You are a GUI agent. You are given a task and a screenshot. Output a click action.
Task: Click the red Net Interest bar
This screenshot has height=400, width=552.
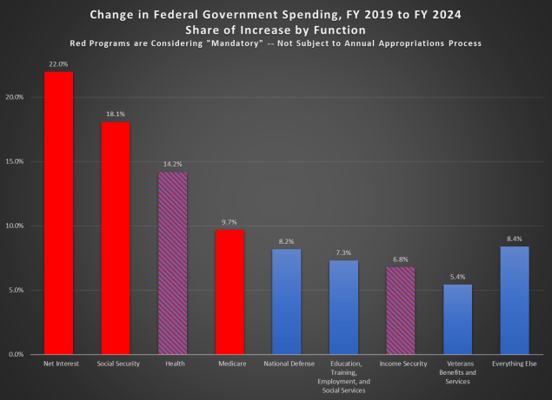click(x=58, y=213)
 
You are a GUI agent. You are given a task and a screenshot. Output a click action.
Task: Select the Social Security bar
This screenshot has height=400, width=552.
click(x=116, y=238)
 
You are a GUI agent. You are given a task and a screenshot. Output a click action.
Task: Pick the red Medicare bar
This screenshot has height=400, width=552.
click(x=229, y=292)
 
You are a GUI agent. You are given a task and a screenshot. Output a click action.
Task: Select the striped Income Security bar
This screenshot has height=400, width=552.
click(x=401, y=310)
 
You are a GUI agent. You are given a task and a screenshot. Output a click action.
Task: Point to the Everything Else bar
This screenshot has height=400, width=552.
click(x=515, y=300)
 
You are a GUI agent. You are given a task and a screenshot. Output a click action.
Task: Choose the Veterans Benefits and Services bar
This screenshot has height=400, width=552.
click(x=457, y=319)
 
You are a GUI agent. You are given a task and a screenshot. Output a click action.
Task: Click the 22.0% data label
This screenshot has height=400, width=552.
click(x=58, y=63)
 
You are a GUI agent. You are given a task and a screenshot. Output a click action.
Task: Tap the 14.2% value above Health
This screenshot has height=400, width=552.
click(x=172, y=164)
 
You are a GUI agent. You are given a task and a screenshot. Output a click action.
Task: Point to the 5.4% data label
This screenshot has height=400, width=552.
click(x=457, y=277)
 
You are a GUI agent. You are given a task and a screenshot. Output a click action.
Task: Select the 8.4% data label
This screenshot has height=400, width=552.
click(x=515, y=239)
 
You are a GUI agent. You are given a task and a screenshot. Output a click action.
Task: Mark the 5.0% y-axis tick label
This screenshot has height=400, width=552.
click(x=14, y=290)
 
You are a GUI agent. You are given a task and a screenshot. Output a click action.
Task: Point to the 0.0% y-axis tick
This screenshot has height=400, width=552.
click(x=14, y=354)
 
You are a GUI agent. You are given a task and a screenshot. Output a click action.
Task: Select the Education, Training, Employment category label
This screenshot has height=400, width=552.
click(x=343, y=374)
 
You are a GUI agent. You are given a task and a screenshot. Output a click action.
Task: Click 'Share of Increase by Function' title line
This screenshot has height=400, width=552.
click(x=276, y=29)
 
